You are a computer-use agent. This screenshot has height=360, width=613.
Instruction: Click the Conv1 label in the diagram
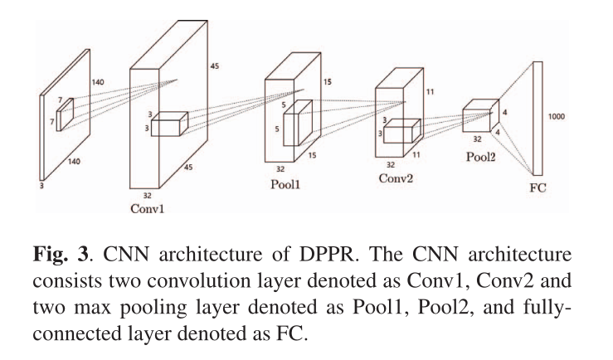[x=147, y=208]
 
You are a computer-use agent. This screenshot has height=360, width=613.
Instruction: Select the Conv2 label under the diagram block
[x=395, y=178]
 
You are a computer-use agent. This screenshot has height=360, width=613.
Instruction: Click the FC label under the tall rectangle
[x=538, y=188]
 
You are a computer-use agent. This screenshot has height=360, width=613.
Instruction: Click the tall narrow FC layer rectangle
[x=538, y=116]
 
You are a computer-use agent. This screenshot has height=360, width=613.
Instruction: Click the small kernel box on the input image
[x=66, y=113]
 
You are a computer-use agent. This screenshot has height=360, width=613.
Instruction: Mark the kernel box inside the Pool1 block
[x=297, y=124]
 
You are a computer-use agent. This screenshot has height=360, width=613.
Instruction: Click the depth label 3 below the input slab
[x=41, y=186]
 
